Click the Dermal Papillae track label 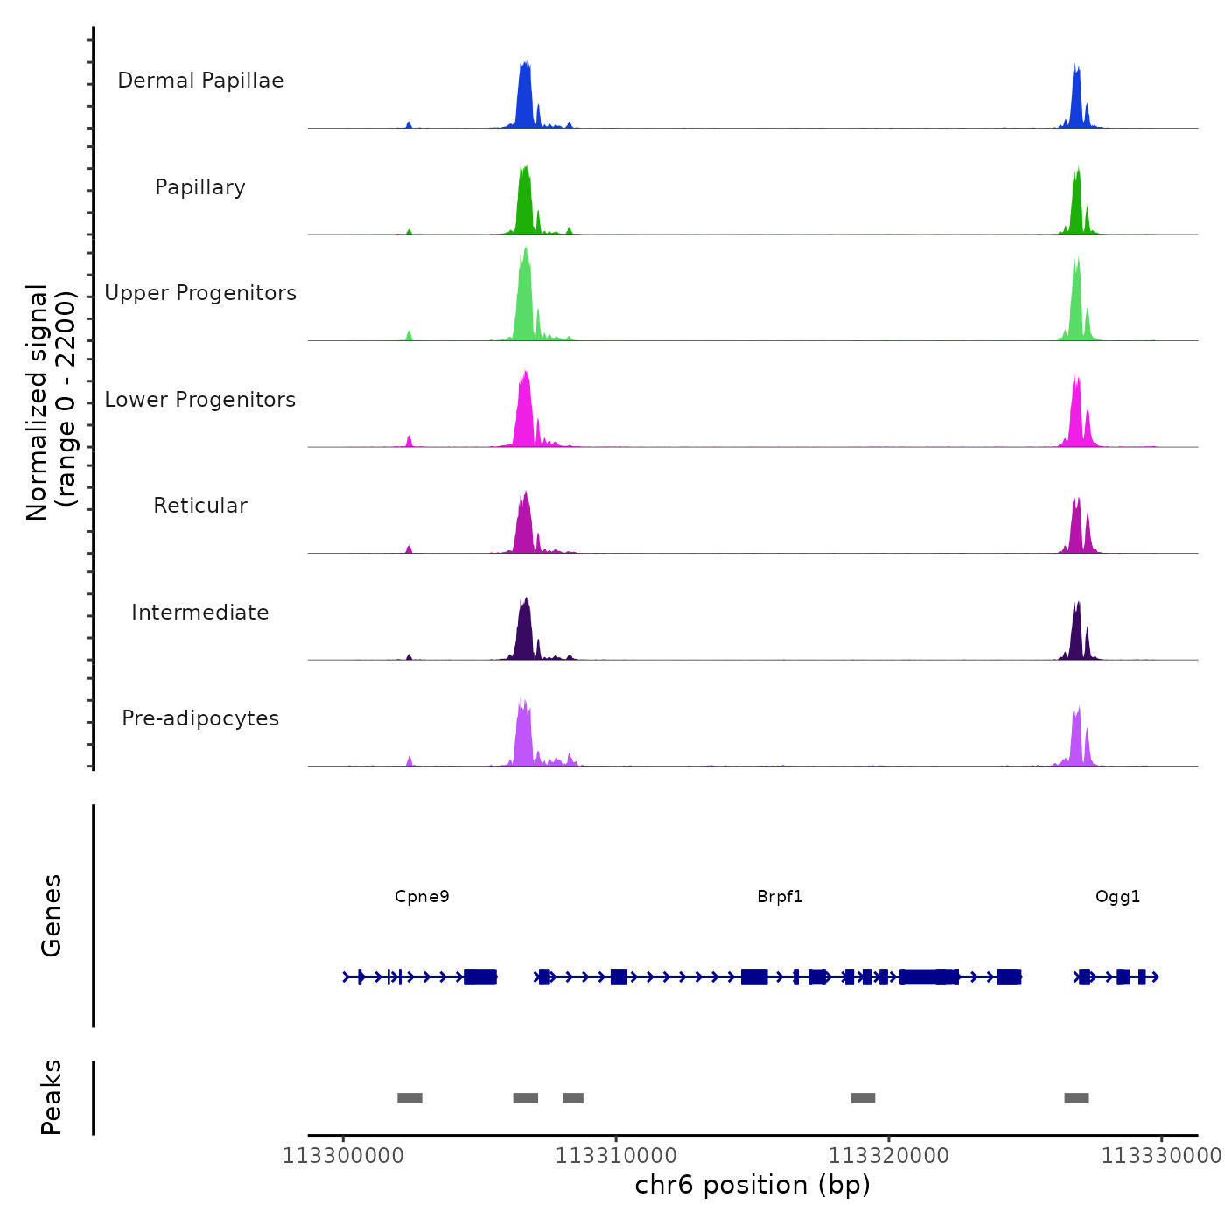click(200, 80)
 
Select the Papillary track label click(200, 187)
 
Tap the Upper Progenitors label click(200, 293)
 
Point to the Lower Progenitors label click(200, 400)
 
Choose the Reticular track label click(200, 506)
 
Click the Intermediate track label click(200, 612)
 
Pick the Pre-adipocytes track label click(200, 718)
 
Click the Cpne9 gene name click(422, 896)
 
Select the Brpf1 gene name click(780, 896)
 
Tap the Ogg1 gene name click(1117, 896)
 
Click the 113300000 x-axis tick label click(343, 1156)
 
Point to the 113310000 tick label click(616, 1156)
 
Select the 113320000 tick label click(889, 1156)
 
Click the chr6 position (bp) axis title click(752, 1185)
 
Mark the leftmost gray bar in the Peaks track click(409, 1098)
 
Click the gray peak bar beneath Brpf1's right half click(863, 1098)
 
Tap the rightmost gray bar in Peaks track click(1076, 1098)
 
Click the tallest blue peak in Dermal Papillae click(525, 96)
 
